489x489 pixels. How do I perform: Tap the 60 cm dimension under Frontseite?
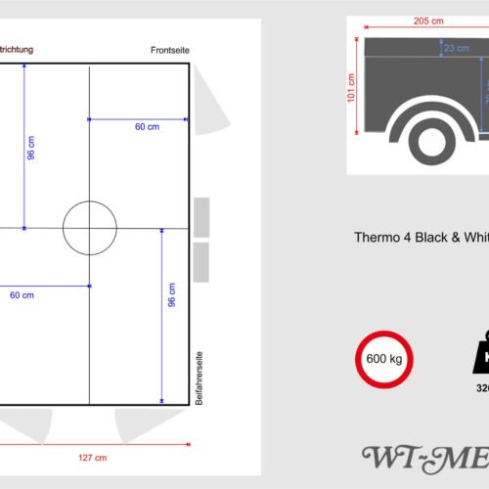pos(148,126)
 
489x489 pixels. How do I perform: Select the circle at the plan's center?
pos(90,227)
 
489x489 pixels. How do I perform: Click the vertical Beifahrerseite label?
pos(199,378)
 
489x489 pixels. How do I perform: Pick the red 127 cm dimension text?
pos(94,457)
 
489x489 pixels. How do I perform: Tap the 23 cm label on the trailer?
pos(455,47)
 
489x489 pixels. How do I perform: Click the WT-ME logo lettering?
pos(425,457)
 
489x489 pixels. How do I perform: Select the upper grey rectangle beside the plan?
pos(200,216)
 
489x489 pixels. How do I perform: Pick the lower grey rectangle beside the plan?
pos(200,260)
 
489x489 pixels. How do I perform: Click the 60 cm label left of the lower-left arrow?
pos(22,294)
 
